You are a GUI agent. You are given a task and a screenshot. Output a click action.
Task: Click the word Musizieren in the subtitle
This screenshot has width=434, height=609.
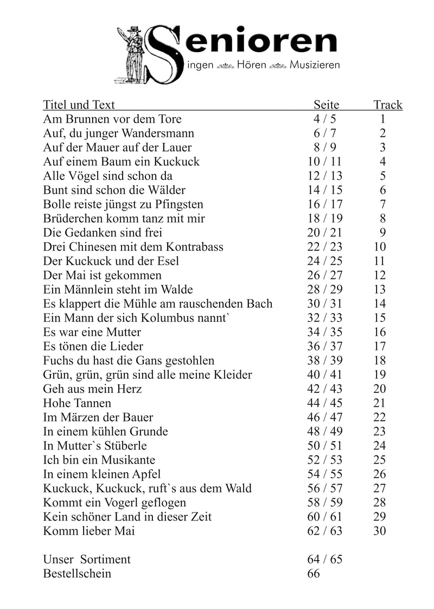pyautogui.click(x=315, y=66)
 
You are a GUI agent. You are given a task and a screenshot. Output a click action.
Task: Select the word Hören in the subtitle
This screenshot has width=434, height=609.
pyautogui.click(x=251, y=66)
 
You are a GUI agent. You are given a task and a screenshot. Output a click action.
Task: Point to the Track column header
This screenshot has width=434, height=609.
pyautogui.click(x=388, y=105)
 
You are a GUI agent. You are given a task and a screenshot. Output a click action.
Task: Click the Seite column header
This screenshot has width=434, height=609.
pyautogui.click(x=326, y=105)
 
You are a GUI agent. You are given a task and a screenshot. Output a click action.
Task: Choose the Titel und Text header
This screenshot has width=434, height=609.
pyautogui.click(x=79, y=105)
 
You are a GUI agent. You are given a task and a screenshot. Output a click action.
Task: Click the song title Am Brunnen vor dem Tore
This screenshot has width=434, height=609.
pyautogui.click(x=112, y=119)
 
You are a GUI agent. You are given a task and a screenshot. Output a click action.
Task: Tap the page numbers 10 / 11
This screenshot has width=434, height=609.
pyautogui.click(x=324, y=162)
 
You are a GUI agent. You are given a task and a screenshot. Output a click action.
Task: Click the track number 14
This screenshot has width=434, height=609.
pyautogui.click(x=380, y=304)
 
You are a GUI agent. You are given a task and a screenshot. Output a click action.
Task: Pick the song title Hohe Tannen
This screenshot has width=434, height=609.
pyautogui.click(x=77, y=403)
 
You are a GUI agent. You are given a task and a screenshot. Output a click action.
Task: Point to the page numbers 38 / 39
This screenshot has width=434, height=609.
pyautogui.click(x=324, y=360)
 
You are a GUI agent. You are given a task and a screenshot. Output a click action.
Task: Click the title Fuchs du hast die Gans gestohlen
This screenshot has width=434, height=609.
pyautogui.click(x=129, y=360)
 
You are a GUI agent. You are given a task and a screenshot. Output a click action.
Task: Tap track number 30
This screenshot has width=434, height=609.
pyautogui.click(x=380, y=531)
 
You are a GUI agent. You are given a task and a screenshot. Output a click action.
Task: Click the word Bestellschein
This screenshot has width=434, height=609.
pyautogui.click(x=77, y=574)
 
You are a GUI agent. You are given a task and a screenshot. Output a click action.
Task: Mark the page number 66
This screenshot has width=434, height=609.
pyautogui.click(x=314, y=574)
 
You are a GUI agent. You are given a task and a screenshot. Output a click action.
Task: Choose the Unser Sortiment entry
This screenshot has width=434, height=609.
pyautogui.click(x=87, y=560)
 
